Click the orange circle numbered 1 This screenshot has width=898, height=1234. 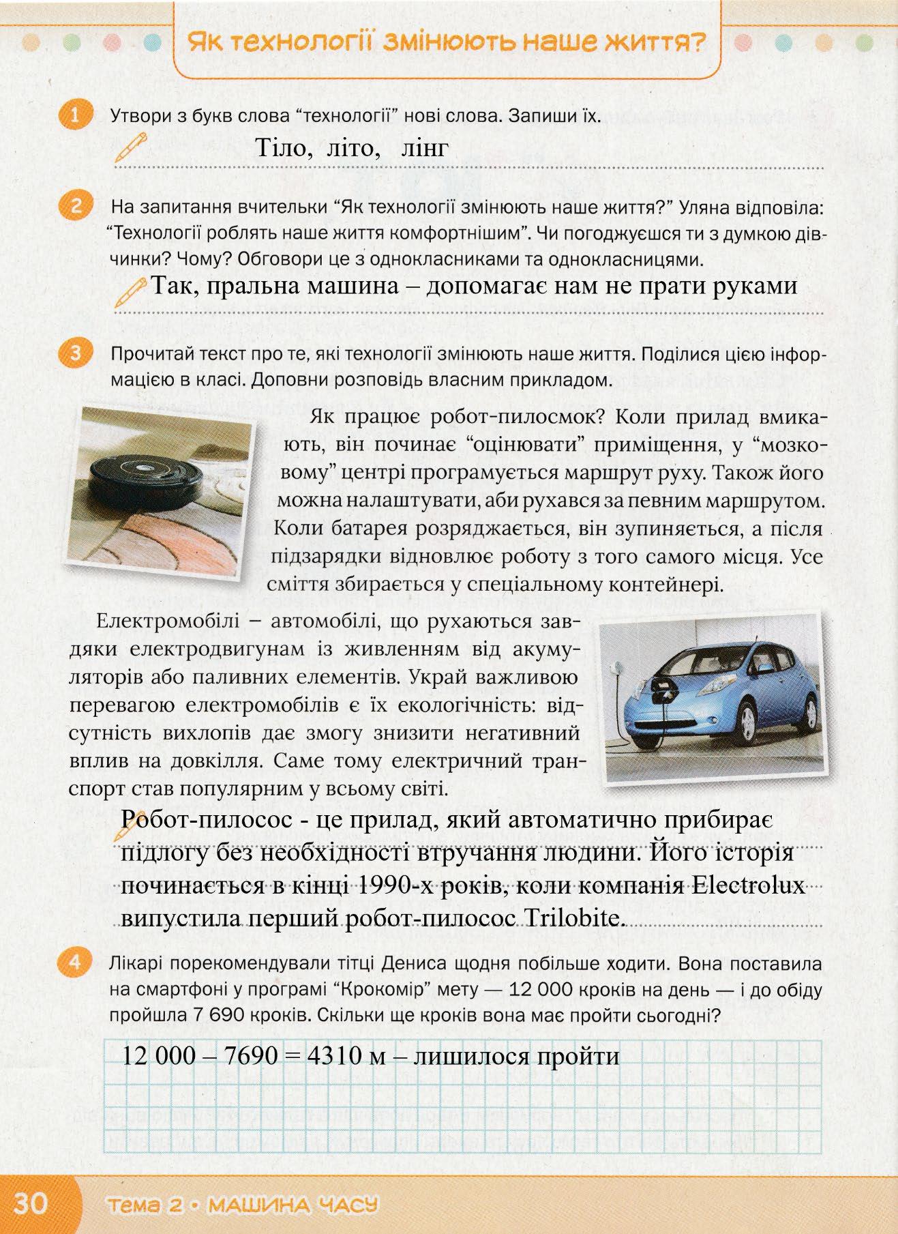tap(74, 115)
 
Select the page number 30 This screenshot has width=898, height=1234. tap(30, 1203)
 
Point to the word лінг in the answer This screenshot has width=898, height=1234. tap(424, 147)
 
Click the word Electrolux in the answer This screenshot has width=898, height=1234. tap(748, 887)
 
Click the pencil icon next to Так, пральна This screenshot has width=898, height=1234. tap(132, 291)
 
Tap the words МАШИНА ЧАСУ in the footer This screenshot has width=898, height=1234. tap(293, 1205)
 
